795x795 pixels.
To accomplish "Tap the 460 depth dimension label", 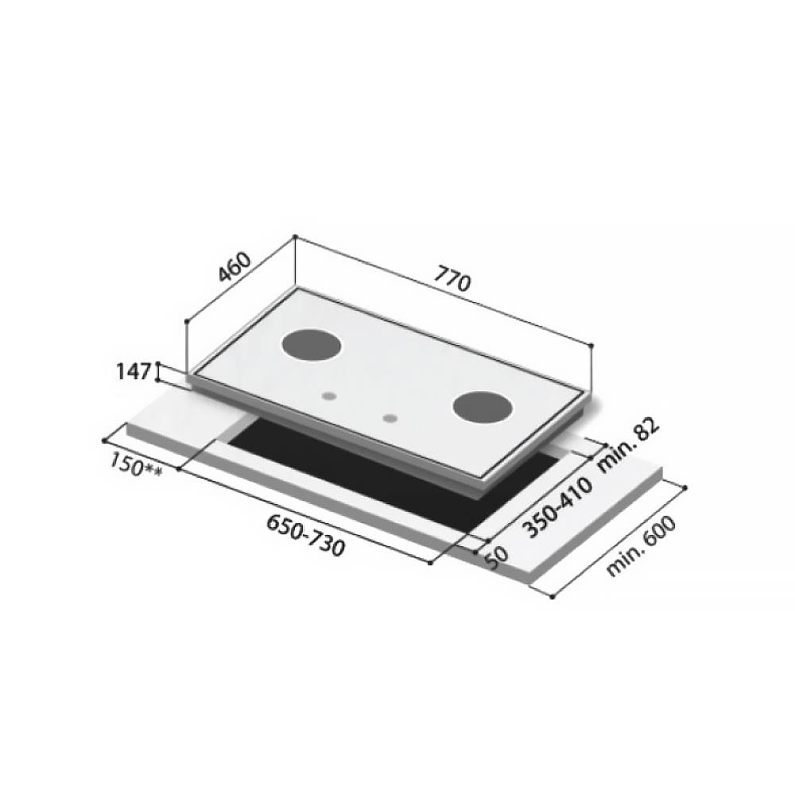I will pyautogui.click(x=235, y=268).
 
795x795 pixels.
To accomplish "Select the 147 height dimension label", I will pyautogui.click(x=133, y=371).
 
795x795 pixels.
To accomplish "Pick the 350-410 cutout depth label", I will pyautogui.click(x=549, y=510).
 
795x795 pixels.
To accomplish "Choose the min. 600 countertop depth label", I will pyautogui.click(x=641, y=546).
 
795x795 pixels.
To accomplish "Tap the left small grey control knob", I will pyautogui.click(x=329, y=395).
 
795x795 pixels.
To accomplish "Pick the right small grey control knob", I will pyautogui.click(x=390, y=417).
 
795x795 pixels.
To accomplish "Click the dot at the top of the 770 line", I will pyautogui.click(x=295, y=236).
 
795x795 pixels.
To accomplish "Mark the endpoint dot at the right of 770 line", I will pyautogui.click(x=591, y=345).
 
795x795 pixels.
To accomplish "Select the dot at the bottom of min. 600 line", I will pyautogui.click(x=552, y=597).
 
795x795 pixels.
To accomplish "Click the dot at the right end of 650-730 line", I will pyautogui.click(x=430, y=563).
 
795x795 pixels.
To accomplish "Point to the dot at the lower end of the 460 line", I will pyautogui.click(x=186, y=321).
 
